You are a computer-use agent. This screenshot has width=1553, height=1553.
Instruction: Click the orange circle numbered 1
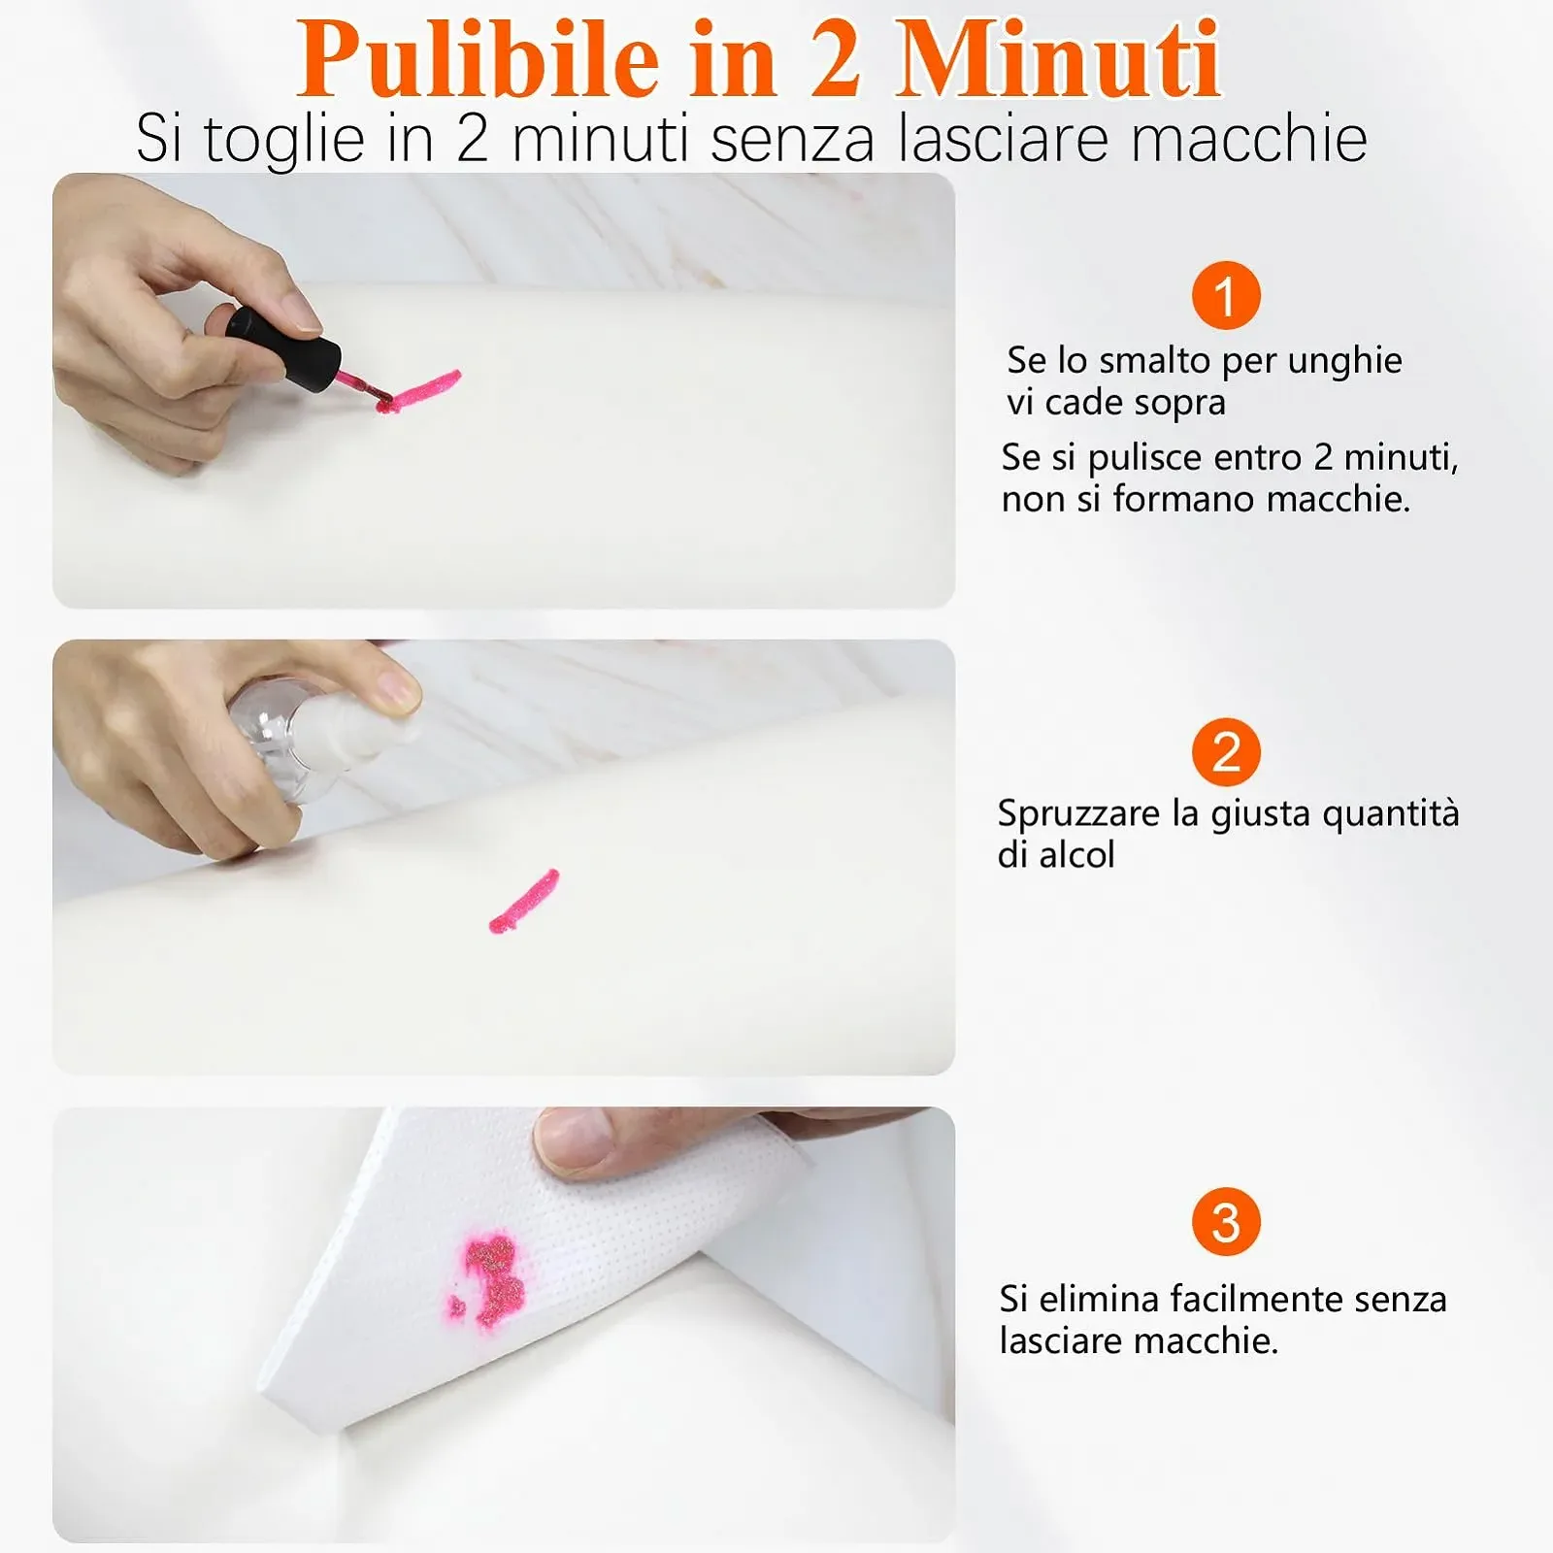(1226, 295)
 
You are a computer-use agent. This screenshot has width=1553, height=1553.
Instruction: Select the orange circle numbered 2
(1226, 752)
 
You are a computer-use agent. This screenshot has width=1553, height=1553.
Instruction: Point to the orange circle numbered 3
(1226, 1222)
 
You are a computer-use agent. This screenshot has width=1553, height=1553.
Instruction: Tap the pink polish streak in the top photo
(418, 390)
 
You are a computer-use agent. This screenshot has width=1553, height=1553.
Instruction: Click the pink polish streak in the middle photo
(524, 901)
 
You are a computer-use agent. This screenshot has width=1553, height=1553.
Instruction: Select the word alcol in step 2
(1077, 855)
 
